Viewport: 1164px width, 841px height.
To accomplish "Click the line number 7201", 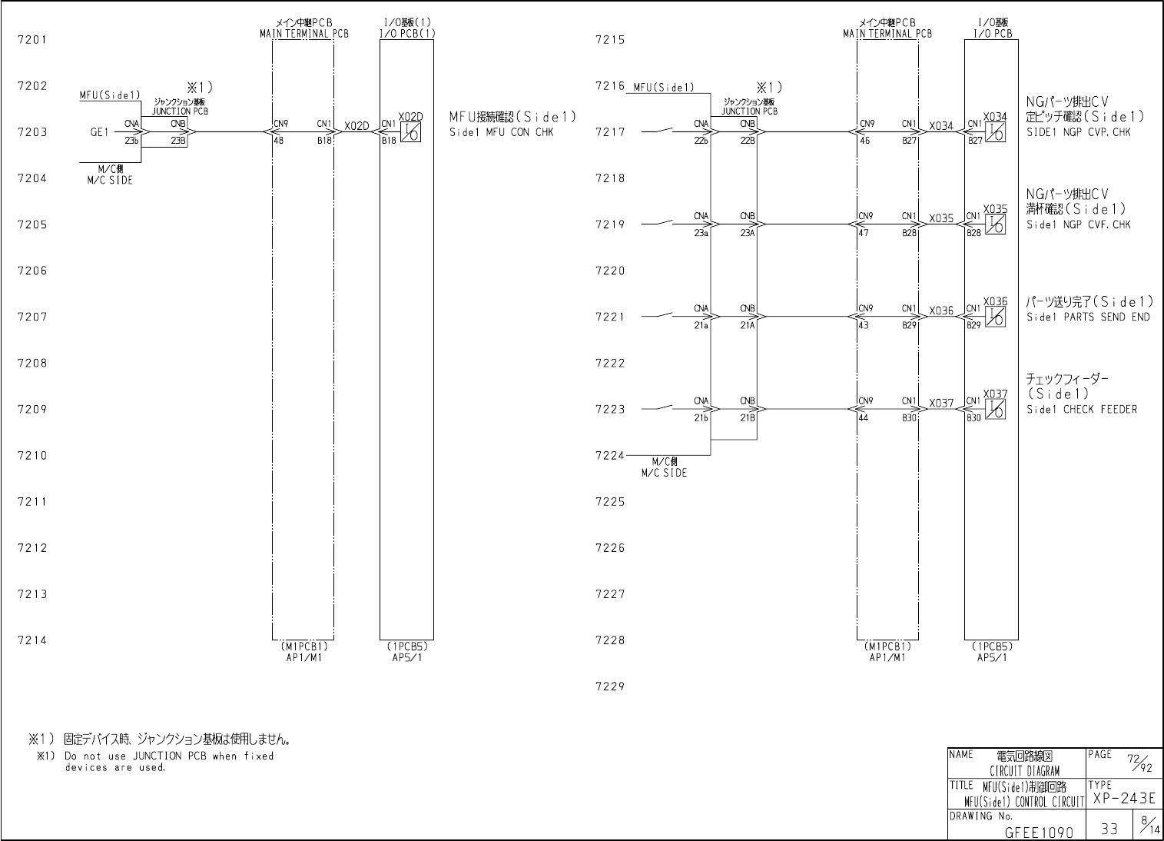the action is tap(32, 40).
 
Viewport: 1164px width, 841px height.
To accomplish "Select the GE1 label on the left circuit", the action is tap(99, 132).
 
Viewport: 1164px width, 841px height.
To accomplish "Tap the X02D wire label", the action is tap(356, 126).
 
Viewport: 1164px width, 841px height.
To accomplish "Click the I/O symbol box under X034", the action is tap(996, 132).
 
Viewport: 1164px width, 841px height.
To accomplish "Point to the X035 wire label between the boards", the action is tap(941, 218).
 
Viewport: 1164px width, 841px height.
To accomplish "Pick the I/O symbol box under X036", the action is tap(996, 317).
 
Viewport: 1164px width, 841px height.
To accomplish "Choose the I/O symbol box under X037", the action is tap(996, 409).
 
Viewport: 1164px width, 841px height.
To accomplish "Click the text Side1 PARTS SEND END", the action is tap(1088, 317).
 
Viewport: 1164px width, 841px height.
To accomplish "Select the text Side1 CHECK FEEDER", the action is tap(1081, 410).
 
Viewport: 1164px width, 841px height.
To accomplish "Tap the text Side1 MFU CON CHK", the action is tap(501, 132).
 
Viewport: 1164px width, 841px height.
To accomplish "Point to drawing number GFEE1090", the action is tap(1036, 832).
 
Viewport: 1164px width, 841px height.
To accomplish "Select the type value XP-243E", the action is tap(1123, 799).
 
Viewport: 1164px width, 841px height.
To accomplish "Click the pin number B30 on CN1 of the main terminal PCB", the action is tap(910, 418).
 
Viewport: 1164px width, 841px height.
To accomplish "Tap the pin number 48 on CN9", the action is tap(278, 141).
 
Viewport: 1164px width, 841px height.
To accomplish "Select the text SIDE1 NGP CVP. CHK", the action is tap(1078, 132).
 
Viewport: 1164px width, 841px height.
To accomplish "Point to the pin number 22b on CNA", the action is tap(701, 141).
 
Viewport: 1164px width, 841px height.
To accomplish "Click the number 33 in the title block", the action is tap(1109, 829).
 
